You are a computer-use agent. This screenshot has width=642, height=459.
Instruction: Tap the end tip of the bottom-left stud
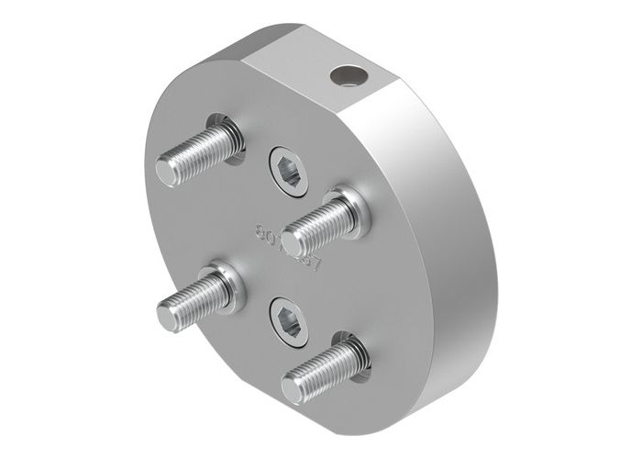click(x=169, y=315)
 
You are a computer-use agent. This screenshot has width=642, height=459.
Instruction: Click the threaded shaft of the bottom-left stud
click(x=198, y=299)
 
